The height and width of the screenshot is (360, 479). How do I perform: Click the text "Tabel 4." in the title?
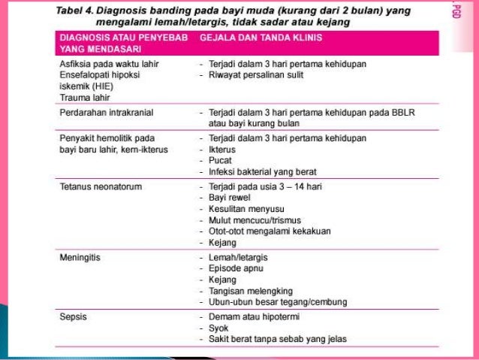pyautogui.click(x=76, y=11)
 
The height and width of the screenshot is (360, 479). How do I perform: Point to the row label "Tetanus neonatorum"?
pyautogui.click(x=101, y=186)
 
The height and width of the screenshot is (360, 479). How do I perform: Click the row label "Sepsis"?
pyautogui.click(x=73, y=316)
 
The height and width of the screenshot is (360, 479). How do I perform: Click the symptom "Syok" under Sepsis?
pyautogui.click(x=218, y=328)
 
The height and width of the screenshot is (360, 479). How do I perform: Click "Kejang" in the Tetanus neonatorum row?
pyautogui.click(x=222, y=243)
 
